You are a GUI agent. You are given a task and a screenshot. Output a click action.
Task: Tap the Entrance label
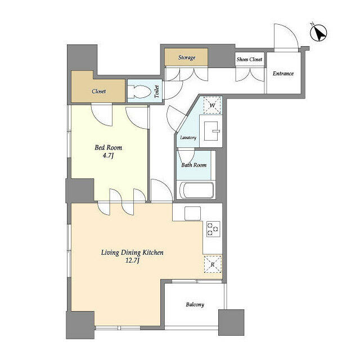click(x=283, y=73)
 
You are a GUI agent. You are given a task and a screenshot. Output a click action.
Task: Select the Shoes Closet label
click(x=249, y=59)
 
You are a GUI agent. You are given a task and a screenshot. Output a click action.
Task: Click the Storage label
click(x=187, y=57)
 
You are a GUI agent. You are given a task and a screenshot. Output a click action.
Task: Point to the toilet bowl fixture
click(x=140, y=91)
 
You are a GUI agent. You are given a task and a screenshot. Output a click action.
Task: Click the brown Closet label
click(x=99, y=91)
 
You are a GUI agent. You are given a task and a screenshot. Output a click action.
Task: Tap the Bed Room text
click(x=108, y=148)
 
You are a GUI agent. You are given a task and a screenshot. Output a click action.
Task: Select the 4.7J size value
click(x=108, y=157)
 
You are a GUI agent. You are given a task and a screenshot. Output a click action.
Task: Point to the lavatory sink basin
click(x=213, y=131)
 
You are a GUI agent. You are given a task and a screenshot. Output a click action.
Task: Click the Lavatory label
click(x=188, y=138)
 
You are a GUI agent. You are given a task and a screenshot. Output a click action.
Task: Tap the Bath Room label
click(x=193, y=165)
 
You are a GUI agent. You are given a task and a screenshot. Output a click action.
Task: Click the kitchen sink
click(x=193, y=213)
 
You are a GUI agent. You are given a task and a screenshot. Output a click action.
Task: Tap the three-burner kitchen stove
click(x=213, y=229)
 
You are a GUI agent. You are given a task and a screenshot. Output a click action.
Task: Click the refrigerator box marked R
click(x=213, y=264)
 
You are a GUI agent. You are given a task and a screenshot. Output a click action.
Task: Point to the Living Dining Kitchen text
click(x=132, y=253)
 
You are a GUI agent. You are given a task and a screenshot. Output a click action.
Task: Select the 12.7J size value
click(x=132, y=262)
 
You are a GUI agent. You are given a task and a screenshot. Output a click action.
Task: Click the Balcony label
click(x=195, y=305)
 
